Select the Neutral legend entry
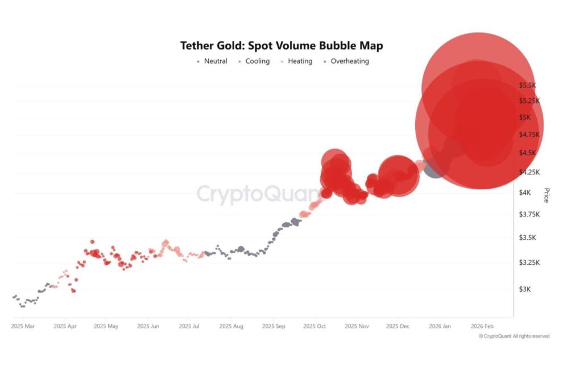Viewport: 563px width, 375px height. pyautogui.click(x=212, y=61)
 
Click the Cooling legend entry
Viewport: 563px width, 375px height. pyautogui.click(x=254, y=61)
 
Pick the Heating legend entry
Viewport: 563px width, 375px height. pyautogui.click(x=296, y=61)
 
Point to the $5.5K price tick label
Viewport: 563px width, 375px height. pyautogui.click(x=527, y=85)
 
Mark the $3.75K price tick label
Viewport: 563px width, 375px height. pyautogui.click(x=528, y=214)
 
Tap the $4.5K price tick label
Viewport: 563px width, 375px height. pyautogui.click(x=527, y=153)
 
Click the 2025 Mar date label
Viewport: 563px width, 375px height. pyautogui.click(x=23, y=327)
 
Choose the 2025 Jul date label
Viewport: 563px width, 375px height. pyautogui.click(x=189, y=327)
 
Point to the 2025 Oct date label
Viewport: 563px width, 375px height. pyautogui.click(x=315, y=327)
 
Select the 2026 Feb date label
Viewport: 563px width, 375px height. pyautogui.click(x=481, y=327)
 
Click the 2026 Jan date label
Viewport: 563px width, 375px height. pyautogui.click(x=439, y=327)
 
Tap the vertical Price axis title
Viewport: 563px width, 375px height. pyautogui.click(x=546, y=195)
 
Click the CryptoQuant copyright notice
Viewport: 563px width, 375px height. pyautogui.click(x=514, y=336)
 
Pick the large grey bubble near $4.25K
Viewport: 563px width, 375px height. pyautogui.click(x=433, y=168)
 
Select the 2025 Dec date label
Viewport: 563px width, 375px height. pyautogui.click(x=398, y=327)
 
